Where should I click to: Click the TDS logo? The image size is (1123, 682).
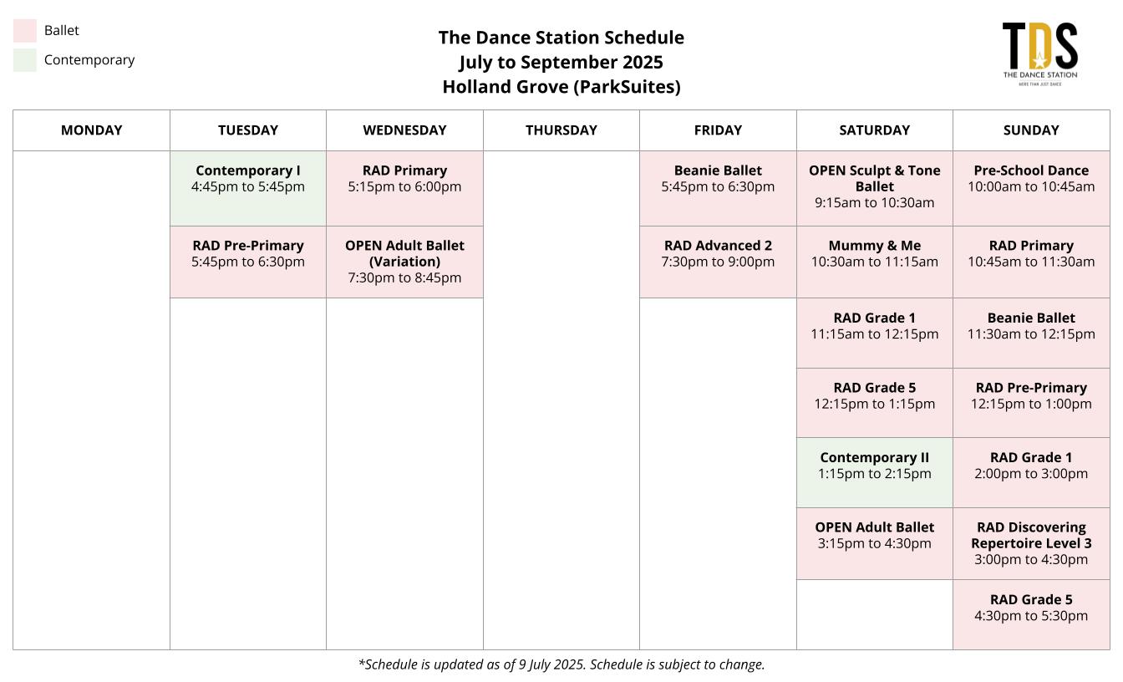click(x=1039, y=53)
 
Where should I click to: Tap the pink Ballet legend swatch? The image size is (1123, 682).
click(x=24, y=31)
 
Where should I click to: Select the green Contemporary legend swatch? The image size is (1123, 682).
click(x=24, y=60)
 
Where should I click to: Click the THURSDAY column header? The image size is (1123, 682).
click(x=561, y=130)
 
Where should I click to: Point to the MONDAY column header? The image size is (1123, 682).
click(x=91, y=130)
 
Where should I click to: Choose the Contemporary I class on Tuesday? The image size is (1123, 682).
click(x=247, y=189)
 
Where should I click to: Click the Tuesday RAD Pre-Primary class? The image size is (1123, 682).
click(x=247, y=262)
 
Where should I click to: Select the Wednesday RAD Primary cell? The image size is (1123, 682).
click(x=404, y=189)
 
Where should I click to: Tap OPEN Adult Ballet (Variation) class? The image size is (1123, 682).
click(x=404, y=262)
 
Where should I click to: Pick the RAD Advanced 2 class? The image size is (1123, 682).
click(x=718, y=262)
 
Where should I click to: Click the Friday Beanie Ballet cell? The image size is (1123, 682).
click(x=718, y=189)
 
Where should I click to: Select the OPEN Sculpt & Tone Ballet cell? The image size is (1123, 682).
click(x=874, y=189)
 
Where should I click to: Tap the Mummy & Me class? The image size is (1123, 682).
click(x=874, y=262)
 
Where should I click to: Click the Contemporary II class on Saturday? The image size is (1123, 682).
click(x=874, y=472)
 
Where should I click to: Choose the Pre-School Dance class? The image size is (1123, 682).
click(x=1031, y=189)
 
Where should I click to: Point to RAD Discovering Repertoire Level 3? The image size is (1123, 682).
click(x=1031, y=543)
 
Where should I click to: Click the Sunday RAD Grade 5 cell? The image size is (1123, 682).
click(x=1031, y=615)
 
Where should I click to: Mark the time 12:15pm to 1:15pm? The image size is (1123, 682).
click(x=874, y=404)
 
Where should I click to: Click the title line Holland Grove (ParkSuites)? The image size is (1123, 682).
click(x=561, y=87)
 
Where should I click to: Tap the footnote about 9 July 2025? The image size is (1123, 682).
click(x=561, y=664)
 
